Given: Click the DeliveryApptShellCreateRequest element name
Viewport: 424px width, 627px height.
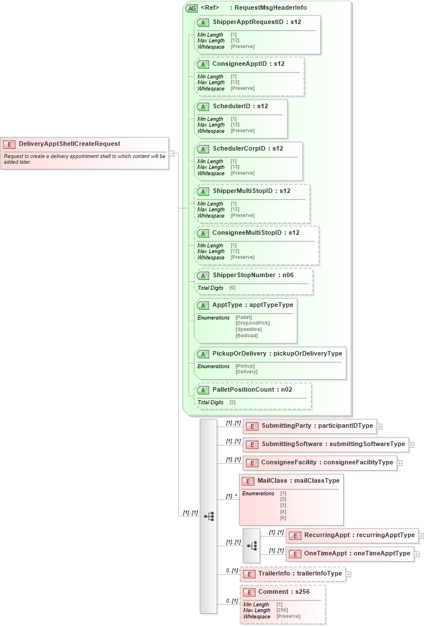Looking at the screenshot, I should (x=69, y=144).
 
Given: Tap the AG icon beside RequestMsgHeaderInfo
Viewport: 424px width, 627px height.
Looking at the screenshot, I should (x=192, y=8).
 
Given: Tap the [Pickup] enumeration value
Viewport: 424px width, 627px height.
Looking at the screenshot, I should (x=245, y=366).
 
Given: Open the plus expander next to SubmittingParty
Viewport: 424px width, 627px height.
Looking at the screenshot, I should (x=379, y=426).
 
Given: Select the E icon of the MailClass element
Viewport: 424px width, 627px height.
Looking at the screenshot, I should (x=248, y=481).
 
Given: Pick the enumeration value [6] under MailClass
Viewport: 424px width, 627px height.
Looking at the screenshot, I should (x=283, y=518).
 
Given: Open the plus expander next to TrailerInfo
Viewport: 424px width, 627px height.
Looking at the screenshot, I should (x=348, y=574).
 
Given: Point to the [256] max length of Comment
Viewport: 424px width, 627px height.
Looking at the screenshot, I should (x=282, y=610).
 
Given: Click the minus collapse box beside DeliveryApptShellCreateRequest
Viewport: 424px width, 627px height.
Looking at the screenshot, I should (x=171, y=153).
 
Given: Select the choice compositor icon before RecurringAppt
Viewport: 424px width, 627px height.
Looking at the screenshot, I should (x=252, y=546).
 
